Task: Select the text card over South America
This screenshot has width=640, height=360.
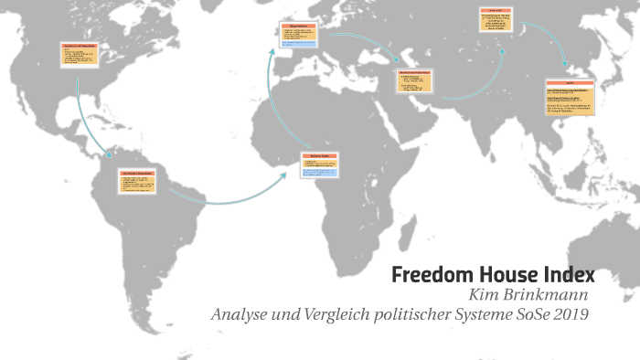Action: click(x=137, y=180)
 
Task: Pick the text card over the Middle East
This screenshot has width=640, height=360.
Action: click(x=416, y=81)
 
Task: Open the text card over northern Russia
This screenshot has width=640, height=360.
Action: click(x=499, y=21)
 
